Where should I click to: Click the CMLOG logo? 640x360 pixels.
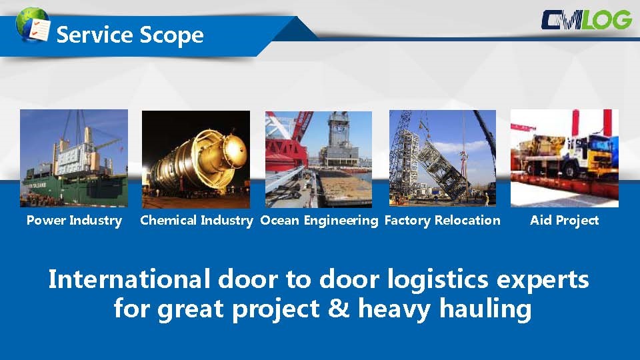coord(587,21)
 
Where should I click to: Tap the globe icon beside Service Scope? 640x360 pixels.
coord(33,25)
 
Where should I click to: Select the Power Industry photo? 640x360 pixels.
coord(74,159)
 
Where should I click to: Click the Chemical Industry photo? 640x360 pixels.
coord(196,159)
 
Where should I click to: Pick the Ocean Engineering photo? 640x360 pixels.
coord(319,159)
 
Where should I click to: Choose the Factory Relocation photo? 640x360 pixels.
coord(443,158)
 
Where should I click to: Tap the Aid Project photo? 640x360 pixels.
coord(565,159)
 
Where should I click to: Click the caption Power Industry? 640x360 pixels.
coord(74,221)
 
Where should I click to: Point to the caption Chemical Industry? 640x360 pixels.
coord(197,221)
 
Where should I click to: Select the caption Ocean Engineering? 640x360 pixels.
coord(319,221)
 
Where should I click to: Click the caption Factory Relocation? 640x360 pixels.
coord(443,221)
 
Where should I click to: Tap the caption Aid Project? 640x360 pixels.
coord(565,221)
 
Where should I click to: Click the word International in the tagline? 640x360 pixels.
coord(129,279)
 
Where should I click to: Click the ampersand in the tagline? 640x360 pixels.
coord(339,308)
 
